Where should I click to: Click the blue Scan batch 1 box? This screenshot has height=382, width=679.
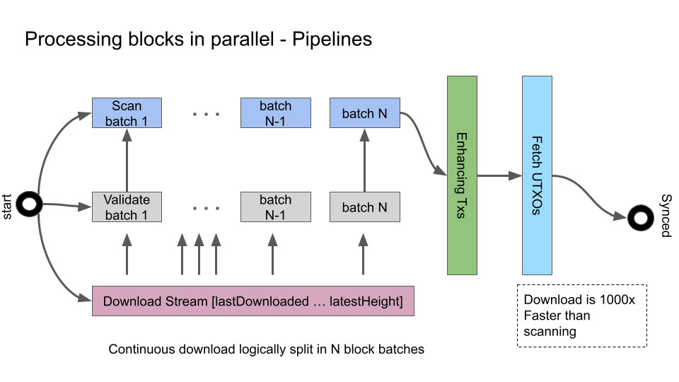point(127,113)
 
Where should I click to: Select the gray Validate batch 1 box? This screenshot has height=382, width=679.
point(127,207)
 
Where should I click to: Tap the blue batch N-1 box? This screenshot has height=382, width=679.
point(275,113)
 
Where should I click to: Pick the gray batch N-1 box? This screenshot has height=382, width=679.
point(275,207)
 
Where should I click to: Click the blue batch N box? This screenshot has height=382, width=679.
point(364,113)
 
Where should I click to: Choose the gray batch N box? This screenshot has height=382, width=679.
point(364,207)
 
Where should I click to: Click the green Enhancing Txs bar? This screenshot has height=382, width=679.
point(461,175)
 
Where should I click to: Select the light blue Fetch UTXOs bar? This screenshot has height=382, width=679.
point(537,175)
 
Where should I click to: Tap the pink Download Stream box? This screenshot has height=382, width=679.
point(253,301)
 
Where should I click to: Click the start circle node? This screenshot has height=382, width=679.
point(30,205)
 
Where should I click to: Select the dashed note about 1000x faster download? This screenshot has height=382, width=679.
point(581,316)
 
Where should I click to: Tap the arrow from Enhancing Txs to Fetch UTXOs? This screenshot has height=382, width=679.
point(499,176)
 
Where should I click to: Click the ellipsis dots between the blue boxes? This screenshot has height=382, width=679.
point(207,114)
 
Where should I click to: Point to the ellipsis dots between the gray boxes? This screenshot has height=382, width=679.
point(207,208)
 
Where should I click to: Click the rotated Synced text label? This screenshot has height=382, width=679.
point(666,215)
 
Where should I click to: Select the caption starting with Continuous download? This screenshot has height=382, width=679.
point(266,349)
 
